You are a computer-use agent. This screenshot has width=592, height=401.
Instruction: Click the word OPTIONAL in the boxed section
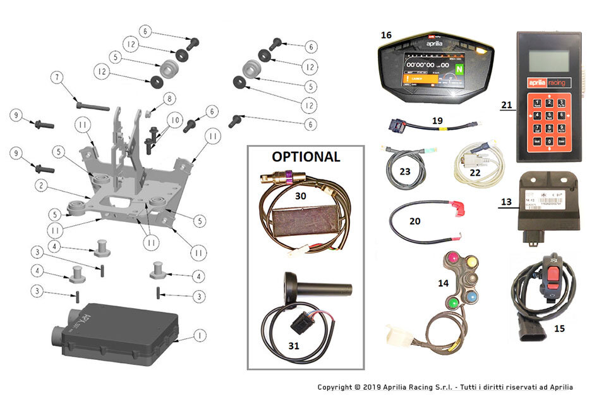(306, 156)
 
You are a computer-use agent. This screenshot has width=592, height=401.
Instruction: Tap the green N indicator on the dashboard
(459, 68)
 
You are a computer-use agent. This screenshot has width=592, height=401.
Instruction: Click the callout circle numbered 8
(169, 99)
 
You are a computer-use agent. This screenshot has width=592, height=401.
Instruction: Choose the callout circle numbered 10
(175, 120)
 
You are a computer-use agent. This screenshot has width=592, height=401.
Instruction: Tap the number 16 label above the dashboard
(386, 36)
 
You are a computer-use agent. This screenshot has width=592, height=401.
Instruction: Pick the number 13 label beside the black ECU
(505, 202)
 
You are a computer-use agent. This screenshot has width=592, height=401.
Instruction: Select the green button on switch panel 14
(454, 302)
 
